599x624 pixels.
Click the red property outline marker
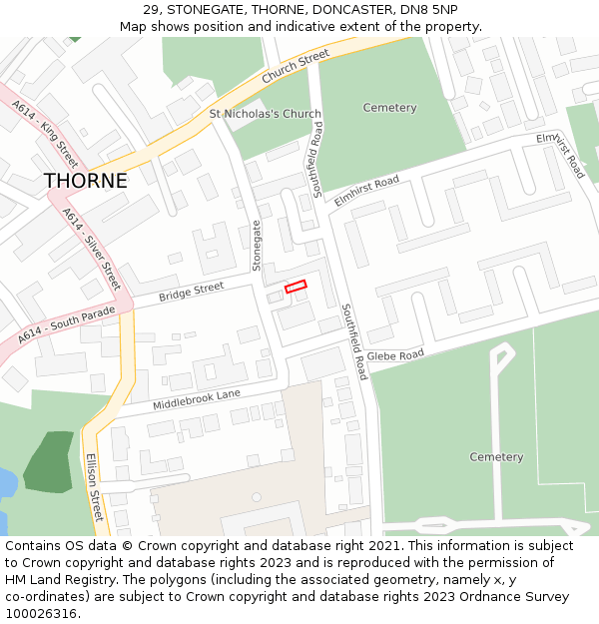pyautogui.click(x=296, y=287)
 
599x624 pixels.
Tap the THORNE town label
pyautogui.click(x=86, y=181)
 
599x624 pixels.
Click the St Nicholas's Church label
pyautogui.click(x=266, y=114)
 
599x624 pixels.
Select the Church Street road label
pyautogui.click(x=296, y=68)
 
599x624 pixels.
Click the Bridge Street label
pyautogui.click(x=192, y=293)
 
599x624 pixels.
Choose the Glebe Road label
pyautogui.click(x=395, y=355)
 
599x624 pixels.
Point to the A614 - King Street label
pyautogui.click(x=45, y=132)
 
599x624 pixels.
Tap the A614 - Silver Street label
pyautogui.click(x=91, y=249)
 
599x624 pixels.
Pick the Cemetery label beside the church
pyautogui.click(x=389, y=108)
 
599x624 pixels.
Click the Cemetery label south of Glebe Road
pyautogui.click(x=496, y=457)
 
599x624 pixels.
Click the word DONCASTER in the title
pyautogui.click(x=333, y=9)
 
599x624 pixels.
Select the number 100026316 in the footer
pyautogui.click(x=39, y=613)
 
